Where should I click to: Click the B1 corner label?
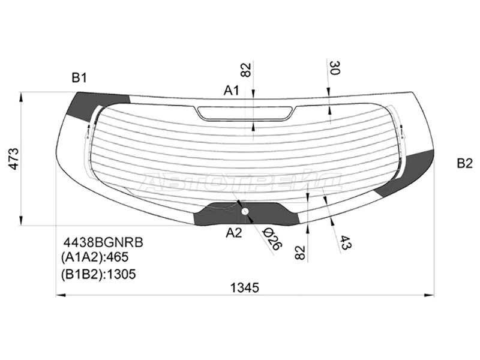click(79, 78)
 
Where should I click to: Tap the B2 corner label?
click(464, 163)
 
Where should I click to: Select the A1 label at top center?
click(231, 91)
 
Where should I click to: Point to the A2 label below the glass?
click(233, 233)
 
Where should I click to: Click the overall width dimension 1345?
click(245, 287)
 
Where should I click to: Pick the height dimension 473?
click(14, 159)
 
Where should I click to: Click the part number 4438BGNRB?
click(103, 242)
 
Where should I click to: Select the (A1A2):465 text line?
click(95, 257)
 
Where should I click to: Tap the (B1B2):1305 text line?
click(98, 274)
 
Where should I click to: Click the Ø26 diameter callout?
click(272, 238)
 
